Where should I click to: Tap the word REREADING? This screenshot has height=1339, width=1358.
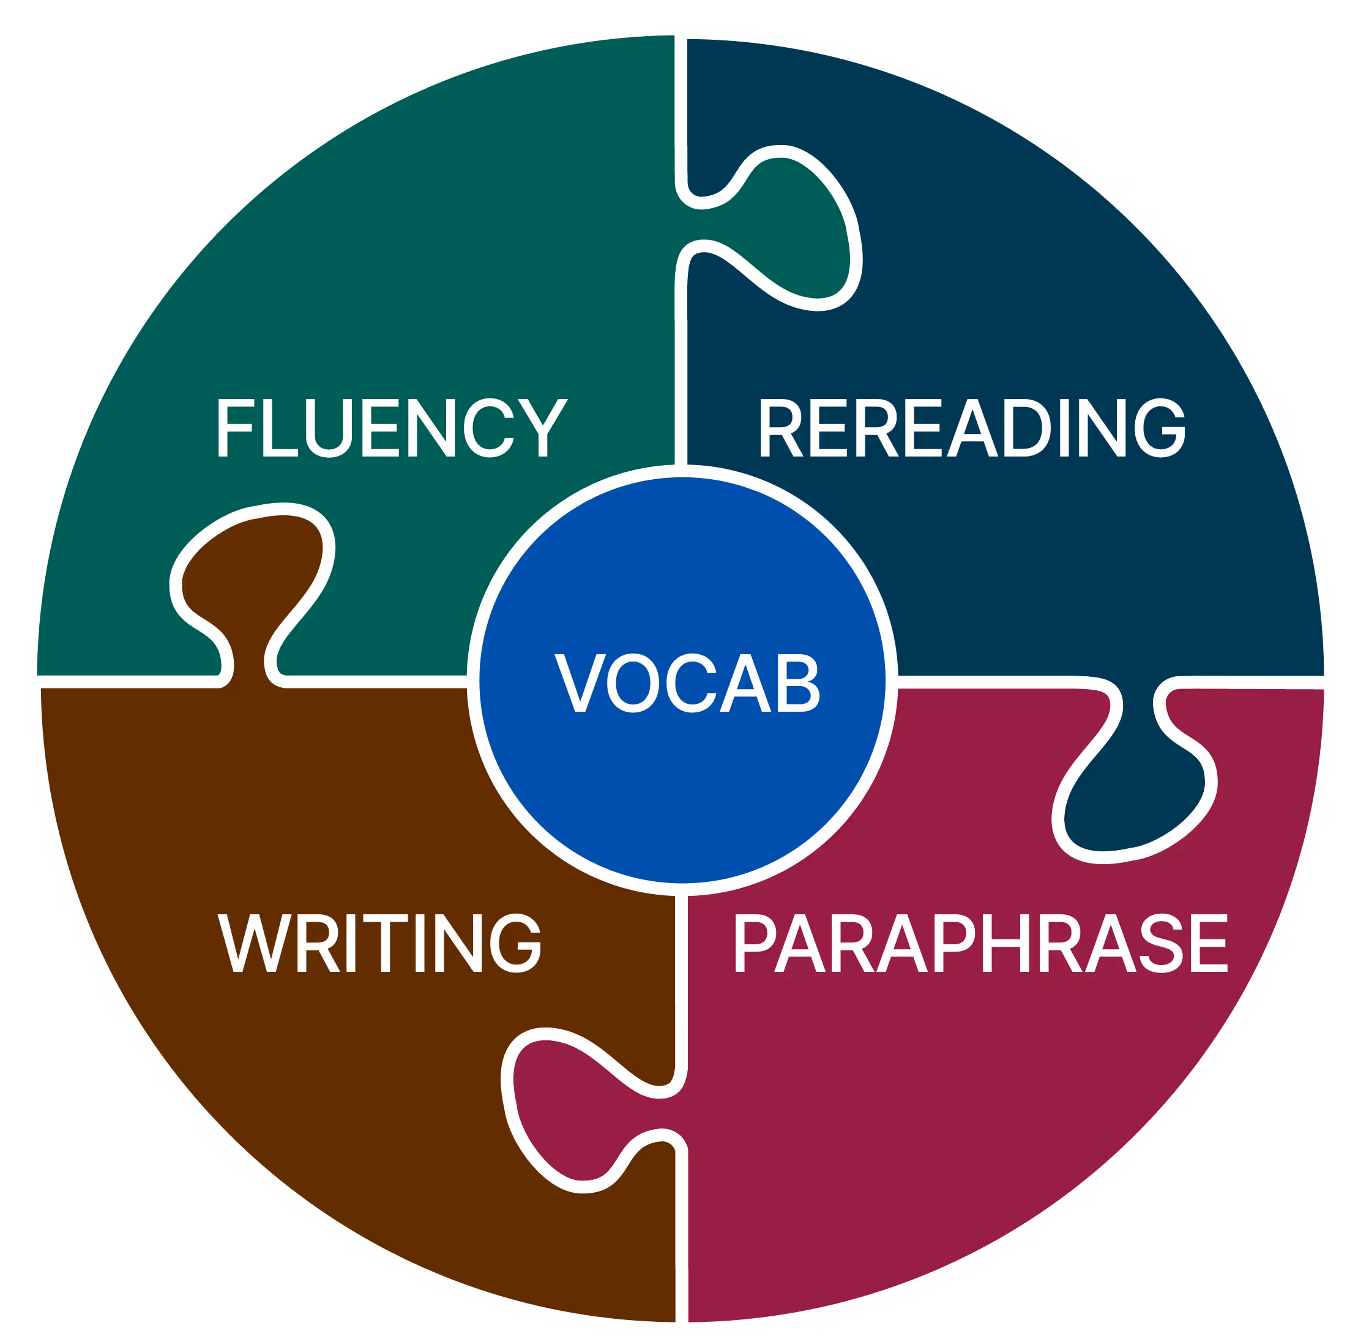click(972, 427)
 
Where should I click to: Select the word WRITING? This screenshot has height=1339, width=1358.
click(379, 942)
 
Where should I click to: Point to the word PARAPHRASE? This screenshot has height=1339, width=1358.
click(980, 942)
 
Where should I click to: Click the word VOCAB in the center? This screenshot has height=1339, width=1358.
click(687, 682)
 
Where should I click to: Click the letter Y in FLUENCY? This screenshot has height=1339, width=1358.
click(543, 427)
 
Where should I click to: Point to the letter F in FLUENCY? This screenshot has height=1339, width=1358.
click(235, 427)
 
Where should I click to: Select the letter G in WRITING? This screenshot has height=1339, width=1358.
click(515, 942)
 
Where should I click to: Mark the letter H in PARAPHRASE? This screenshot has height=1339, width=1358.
click(1006, 942)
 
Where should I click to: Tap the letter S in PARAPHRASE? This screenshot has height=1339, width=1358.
click(1160, 942)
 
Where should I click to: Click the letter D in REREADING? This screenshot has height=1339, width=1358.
click(1027, 427)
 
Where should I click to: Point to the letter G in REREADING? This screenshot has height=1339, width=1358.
click(1160, 427)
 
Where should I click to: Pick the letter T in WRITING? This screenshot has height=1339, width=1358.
click(385, 942)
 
